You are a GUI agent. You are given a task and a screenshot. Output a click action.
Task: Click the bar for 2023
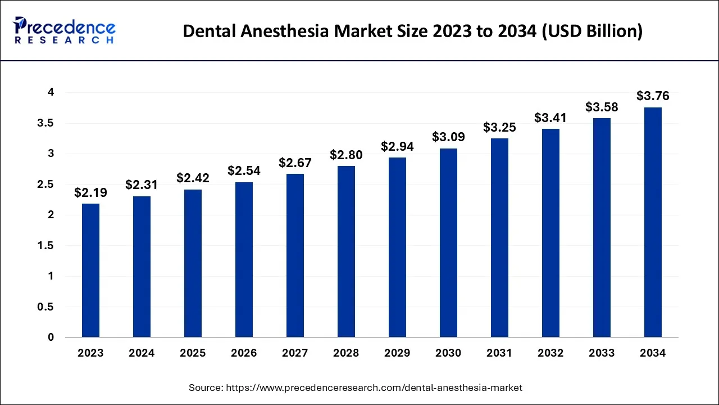coord(90,271)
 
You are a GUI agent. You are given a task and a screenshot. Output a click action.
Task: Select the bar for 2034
coord(653,222)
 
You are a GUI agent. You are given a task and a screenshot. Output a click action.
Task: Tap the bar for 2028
coord(346,251)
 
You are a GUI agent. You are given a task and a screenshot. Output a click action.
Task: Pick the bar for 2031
coord(499,238)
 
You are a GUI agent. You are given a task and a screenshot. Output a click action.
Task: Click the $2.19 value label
coord(90,193)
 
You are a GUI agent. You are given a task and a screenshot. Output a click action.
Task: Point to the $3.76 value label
coord(653,96)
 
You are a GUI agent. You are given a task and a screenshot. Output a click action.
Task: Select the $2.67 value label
coord(295,163)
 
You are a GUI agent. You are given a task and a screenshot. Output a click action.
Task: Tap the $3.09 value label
coord(448,137)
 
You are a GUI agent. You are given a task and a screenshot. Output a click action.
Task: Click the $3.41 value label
coord(550,118)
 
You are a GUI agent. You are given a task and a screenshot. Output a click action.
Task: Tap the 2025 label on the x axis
coord(193,353)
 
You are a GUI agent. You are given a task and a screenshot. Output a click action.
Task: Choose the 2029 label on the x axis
coord(397,353)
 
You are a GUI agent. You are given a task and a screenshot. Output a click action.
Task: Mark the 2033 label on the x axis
coord(602,353)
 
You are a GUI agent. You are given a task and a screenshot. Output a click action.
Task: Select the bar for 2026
coord(244,260)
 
